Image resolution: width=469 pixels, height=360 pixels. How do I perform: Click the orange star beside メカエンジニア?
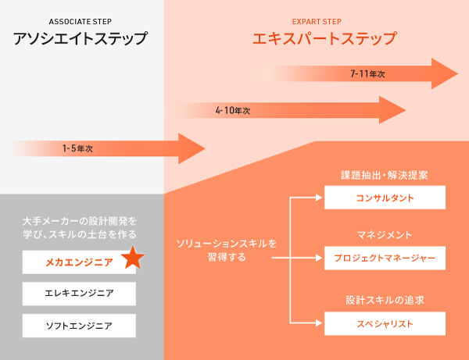point(133,258)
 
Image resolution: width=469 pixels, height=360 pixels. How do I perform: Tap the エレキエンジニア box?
point(79,294)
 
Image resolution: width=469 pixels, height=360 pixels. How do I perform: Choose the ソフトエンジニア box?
point(79,325)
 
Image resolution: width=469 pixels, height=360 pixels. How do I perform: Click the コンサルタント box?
point(385,198)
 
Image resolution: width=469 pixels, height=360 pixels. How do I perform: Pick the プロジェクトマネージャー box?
point(385,256)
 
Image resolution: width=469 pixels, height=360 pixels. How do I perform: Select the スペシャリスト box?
point(385,322)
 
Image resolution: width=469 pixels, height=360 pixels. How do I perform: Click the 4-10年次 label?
point(232,111)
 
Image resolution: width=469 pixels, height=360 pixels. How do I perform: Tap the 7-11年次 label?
point(367,73)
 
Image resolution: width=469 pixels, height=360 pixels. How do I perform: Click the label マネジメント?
point(385,234)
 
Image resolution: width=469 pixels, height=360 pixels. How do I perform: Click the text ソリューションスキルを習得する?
point(227,250)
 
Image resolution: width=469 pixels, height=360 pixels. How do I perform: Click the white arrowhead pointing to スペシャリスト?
point(320,322)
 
